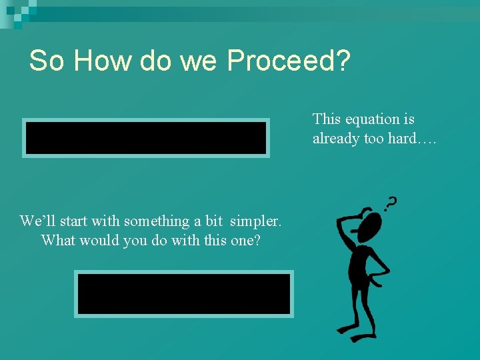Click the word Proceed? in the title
point(289,61)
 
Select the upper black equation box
point(146,138)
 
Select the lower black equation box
point(183,294)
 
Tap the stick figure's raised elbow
point(339,220)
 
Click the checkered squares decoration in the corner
point(17,12)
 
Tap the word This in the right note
point(327,119)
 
